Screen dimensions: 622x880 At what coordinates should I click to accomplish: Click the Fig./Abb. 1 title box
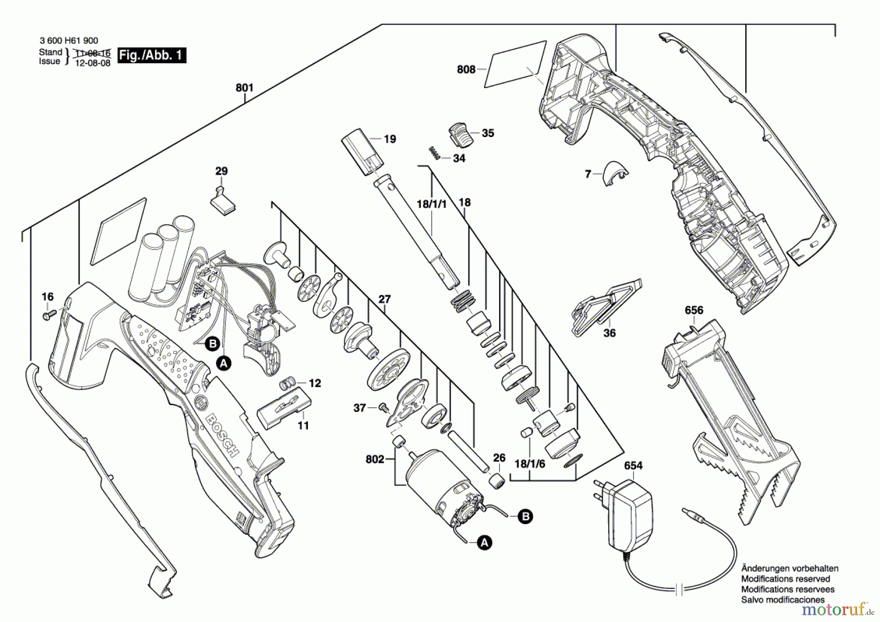[x=152, y=55]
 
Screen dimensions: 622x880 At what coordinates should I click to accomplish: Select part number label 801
[x=244, y=88]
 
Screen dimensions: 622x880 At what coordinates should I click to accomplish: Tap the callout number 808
[x=466, y=69]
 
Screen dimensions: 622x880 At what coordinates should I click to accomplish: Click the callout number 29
[x=221, y=171]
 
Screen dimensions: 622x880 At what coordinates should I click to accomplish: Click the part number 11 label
[x=303, y=426]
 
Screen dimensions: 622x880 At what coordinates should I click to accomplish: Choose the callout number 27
[x=385, y=299]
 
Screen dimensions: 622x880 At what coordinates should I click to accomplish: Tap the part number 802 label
[x=374, y=459]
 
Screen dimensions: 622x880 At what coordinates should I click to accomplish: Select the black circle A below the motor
[x=484, y=542]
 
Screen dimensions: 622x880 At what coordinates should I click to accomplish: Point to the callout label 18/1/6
[x=529, y=463]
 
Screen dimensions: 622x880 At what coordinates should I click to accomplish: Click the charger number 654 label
[x=633, y=465]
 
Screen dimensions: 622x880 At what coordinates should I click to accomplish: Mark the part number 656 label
[x=694, y=310]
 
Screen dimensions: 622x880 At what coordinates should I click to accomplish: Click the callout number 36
[x=609, y=333]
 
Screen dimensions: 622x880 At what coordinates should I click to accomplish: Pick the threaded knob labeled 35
[x=460, y=134]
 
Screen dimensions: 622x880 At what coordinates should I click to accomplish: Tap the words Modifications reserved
[x=785, y=579]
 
